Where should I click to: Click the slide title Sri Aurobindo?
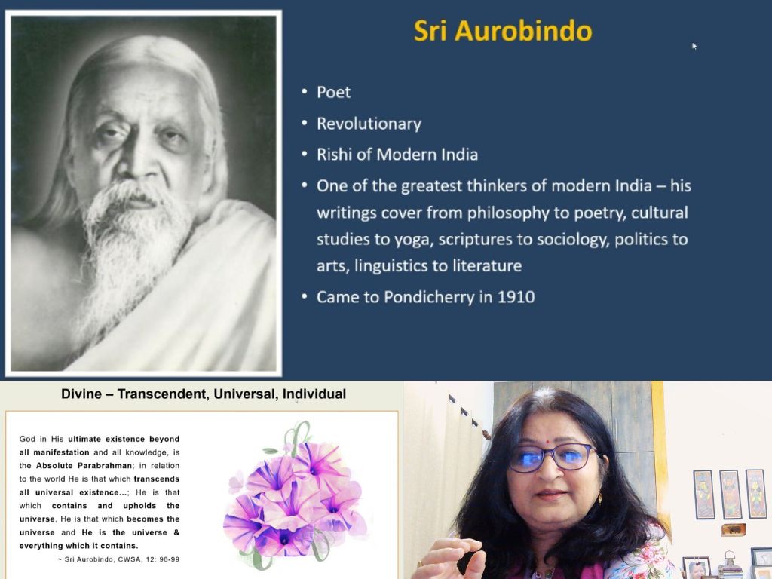(x=503, y=31)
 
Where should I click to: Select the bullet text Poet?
(x=334, y=92)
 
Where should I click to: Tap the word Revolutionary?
(x=369, y=124)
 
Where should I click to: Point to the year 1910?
(x=516, y=297)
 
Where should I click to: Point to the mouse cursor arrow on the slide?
(x=694, y=46)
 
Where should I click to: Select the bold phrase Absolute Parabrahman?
(x=84, y=465)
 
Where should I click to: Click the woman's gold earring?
(x=599, y=498)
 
